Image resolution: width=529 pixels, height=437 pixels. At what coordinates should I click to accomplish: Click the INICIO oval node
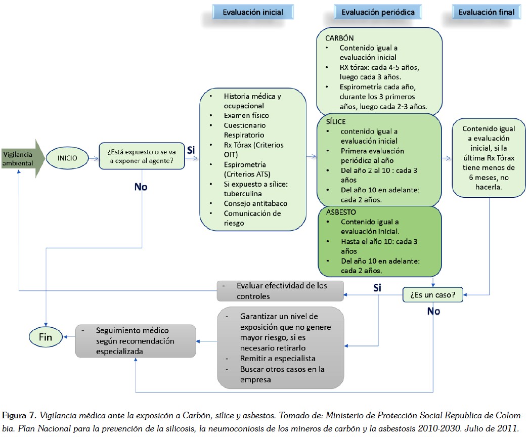click(67, 157)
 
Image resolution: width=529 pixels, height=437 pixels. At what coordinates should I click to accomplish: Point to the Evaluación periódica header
click(378, 12)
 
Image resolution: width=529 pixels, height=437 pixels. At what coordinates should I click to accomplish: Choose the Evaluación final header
click(486, 12)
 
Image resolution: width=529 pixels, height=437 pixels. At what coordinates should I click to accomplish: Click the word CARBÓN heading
click(340, 38)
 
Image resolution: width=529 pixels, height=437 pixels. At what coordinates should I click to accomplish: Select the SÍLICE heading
click(336, 122)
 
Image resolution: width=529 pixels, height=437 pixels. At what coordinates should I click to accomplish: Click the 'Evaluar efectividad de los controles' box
click(281, 291)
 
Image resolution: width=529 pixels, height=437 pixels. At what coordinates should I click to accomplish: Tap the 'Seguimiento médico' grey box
click(135, 340)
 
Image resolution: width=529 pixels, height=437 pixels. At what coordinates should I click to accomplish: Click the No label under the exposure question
click(141, 187)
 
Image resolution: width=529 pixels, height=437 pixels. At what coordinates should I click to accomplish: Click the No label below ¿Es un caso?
click(433, 311)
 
